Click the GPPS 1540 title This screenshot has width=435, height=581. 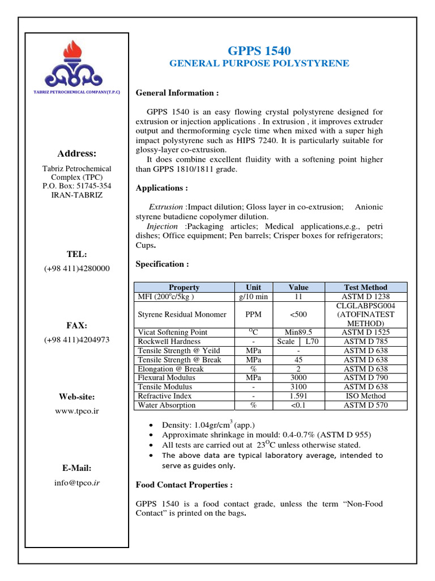pos(259,52)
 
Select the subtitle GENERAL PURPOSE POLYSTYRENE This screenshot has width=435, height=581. pos(259,64)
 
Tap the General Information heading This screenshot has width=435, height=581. pos(177,92)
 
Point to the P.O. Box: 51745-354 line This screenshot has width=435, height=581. pos(77,186)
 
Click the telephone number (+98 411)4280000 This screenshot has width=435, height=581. pos(77,268)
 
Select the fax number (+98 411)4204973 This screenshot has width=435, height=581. pos(77,340)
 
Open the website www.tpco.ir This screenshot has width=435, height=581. pos(77,410)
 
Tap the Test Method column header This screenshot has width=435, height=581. pos(365,287)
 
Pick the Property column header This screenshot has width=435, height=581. pos(184,287)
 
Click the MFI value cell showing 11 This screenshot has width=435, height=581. pos(298,296)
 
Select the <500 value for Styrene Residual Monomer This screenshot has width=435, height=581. pos(298,314)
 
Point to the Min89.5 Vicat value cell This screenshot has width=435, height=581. pos(298,332)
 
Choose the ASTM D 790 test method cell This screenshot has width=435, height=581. pos(365,378)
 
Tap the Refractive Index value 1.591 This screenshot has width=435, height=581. pos(298,396)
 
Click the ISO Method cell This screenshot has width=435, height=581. pos(365,396)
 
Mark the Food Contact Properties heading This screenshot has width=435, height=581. pos(184,485)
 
